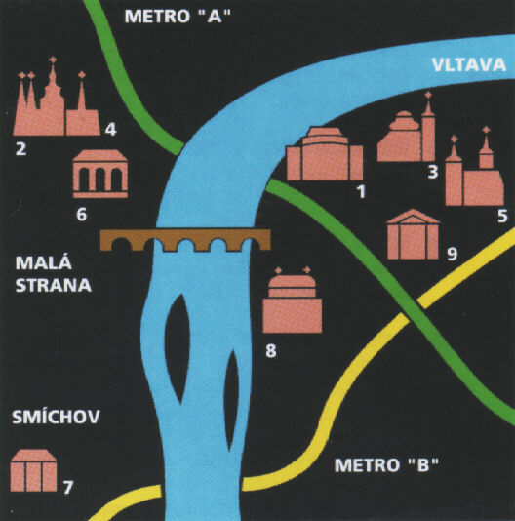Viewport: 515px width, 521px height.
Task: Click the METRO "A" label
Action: tap(178, 17)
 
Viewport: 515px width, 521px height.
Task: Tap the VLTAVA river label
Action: tap(469, 64)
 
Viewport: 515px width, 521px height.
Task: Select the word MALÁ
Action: tap(44, 263)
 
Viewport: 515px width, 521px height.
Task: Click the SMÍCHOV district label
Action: tap(56, 417)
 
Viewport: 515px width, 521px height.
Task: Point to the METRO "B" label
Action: tap(386, 464)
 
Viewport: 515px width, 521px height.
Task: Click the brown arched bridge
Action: tap(185, 240)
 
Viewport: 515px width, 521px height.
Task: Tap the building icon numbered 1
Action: tap(325, 153)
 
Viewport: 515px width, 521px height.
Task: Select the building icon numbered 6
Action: tap(100, 174)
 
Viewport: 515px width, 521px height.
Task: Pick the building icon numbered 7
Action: tap(33, 470)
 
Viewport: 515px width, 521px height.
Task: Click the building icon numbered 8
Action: tap(293, 301)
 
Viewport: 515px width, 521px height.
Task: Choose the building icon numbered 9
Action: tap(413, 234)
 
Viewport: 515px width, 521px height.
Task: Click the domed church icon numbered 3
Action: tap(407, 133)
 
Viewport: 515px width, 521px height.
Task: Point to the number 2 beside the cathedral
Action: tap(20, 149)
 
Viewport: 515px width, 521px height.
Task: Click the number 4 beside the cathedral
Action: tap(110, 130)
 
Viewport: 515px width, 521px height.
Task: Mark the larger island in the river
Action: tap(178, 349)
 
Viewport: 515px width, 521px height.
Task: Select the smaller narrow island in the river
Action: tap(231, 400)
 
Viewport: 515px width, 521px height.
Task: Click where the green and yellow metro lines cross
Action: tap(413, 309)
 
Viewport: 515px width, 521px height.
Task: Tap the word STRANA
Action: tap(54, 286)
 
